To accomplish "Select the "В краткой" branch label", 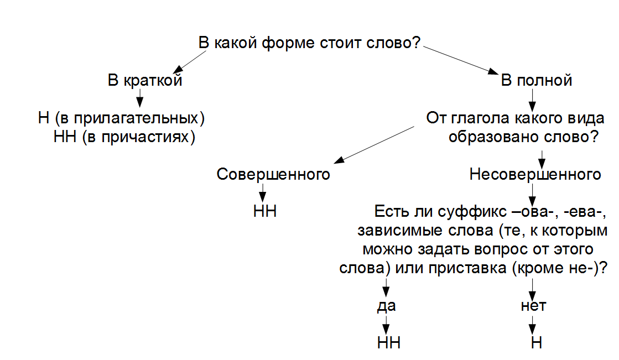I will point(145,81).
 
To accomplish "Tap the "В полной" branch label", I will point(536,81).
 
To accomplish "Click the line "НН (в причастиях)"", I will point(124,137).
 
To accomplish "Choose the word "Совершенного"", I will point(273,174).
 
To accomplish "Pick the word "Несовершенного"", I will point(535,174).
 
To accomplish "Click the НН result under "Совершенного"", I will point(264,212).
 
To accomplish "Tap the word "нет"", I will point(533,306).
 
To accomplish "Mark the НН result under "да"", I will point(388,343).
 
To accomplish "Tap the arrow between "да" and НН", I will point(386,324).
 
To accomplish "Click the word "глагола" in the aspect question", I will point(480,118).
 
